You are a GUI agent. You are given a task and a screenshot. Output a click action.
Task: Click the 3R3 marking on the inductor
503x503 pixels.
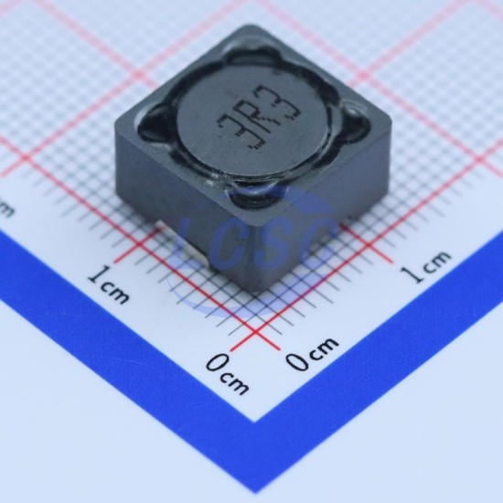pyautogui.click(x=259, y=117)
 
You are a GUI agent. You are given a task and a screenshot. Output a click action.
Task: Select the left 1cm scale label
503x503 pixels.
pyautogui.click(x=110, y=284)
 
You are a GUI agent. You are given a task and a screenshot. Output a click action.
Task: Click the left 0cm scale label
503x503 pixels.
pyautogui.click(x=227, y=374)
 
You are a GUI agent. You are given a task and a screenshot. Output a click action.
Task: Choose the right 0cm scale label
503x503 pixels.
pyautogui.click(x=312, y=352)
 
